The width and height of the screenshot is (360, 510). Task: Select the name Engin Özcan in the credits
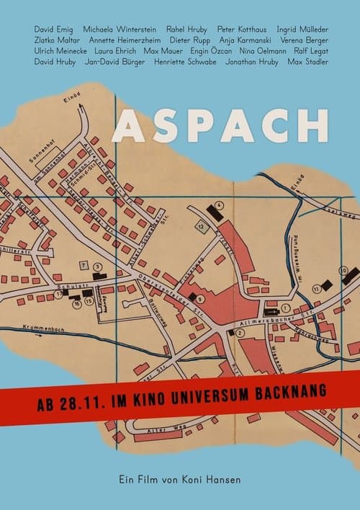pos(211,52)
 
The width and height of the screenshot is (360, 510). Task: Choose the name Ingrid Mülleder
pos(302,30)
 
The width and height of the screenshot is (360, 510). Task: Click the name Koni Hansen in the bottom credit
pos(212,476)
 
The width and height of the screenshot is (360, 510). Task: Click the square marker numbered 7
pos(84,267)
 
